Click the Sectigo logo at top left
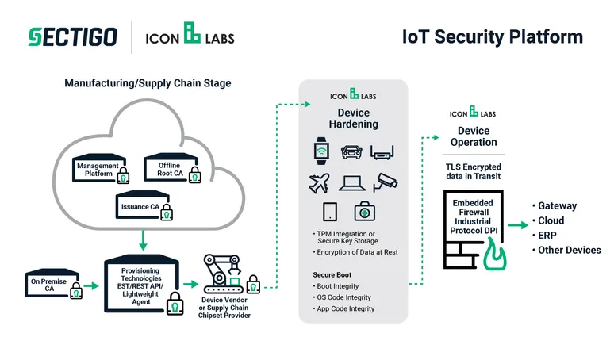pyautogui.click(x=72, y=36)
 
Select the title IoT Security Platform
pyautogui.click(x=493, y=37)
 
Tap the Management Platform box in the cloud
pyautogui.click(x=98, y=169)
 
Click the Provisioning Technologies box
pyautogui.click(x=141, y=281)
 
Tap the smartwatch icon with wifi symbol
pyautogui.click(x=322, y=150)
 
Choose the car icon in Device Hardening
pyautogui.click(x=351, y=151)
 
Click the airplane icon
pyautogui.click(x=319, y=182)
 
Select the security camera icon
pyautogui.click(x=386, y=182)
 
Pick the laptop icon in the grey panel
pyautogui.click(x=351, y=182)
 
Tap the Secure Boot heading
pyautogui.click(x=332, y=274)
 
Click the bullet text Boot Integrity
pyautogui.click(x=336, y=285)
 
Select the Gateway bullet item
pyautogui.click(x=557, y=206)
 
